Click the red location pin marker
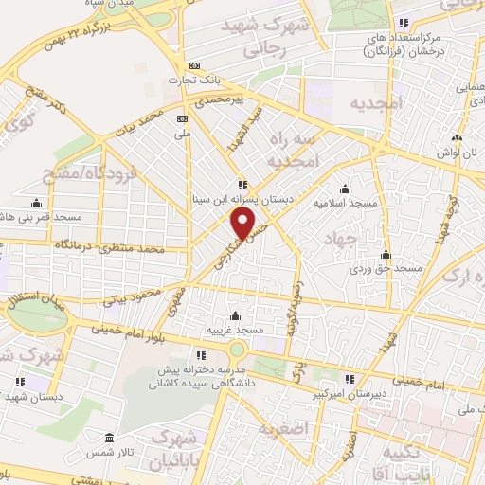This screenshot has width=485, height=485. tap(244, 224)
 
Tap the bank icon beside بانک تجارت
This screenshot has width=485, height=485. tap(194, 65)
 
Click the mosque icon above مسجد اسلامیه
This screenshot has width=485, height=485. tap(345, 189)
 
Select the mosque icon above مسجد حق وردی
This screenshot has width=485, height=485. tap(386, 254)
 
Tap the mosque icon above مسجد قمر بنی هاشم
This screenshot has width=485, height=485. tap(36, 203)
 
